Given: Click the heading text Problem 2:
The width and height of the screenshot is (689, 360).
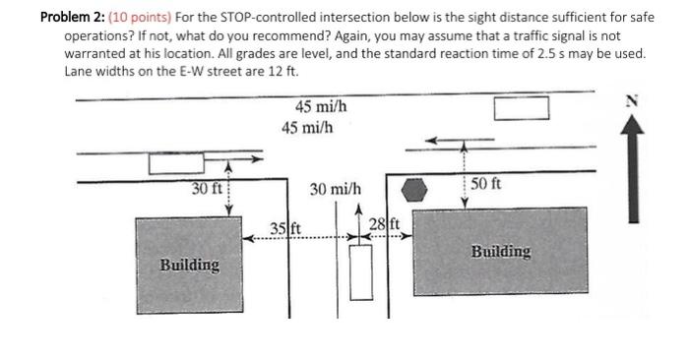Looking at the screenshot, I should pyautogui.click(x=75, y=17).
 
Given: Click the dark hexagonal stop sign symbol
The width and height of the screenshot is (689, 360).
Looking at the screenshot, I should pyautogui.click(x=417, y=188).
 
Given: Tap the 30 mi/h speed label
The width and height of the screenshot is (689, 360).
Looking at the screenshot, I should pyautogui.click(x=335, y=188).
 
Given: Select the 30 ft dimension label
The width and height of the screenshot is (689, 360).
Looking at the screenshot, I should pyautogui.click(x=207, y=188).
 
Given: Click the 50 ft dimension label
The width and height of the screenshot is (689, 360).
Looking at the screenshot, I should pyautogui.click(x=485, y=183).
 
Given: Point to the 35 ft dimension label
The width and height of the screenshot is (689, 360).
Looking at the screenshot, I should pyautogui.click(x=284, y=231).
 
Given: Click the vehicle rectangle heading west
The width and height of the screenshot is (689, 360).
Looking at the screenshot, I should pyautogui.click(x=521, y=107).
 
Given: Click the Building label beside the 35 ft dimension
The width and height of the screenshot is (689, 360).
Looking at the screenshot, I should pyautogui.click(x=190, y=265).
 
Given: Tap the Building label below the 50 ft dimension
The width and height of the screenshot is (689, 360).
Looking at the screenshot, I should pyautogui.click(x=501, y=251).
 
